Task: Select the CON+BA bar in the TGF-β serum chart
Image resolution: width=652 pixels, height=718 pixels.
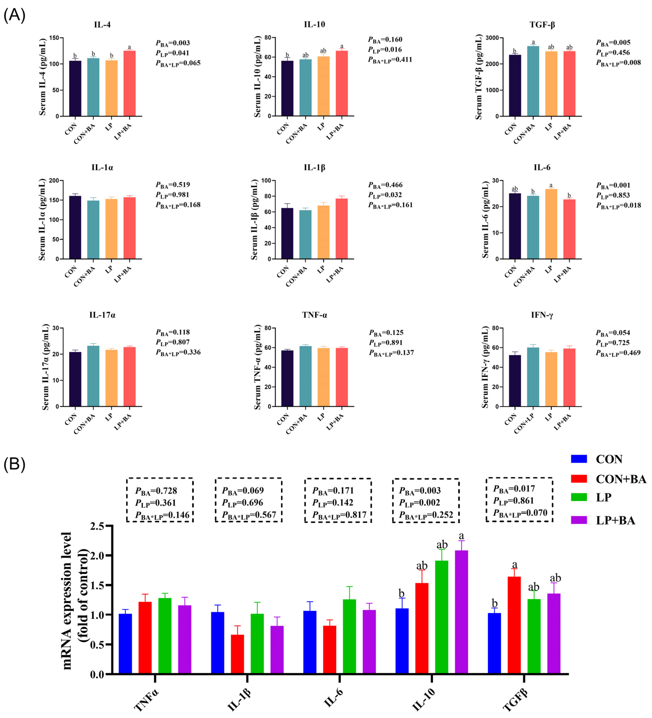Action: pos(533,81)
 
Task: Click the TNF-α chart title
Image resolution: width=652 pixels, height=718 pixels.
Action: pos(314,315)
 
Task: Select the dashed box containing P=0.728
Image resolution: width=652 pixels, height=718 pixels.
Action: pos(160,500)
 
